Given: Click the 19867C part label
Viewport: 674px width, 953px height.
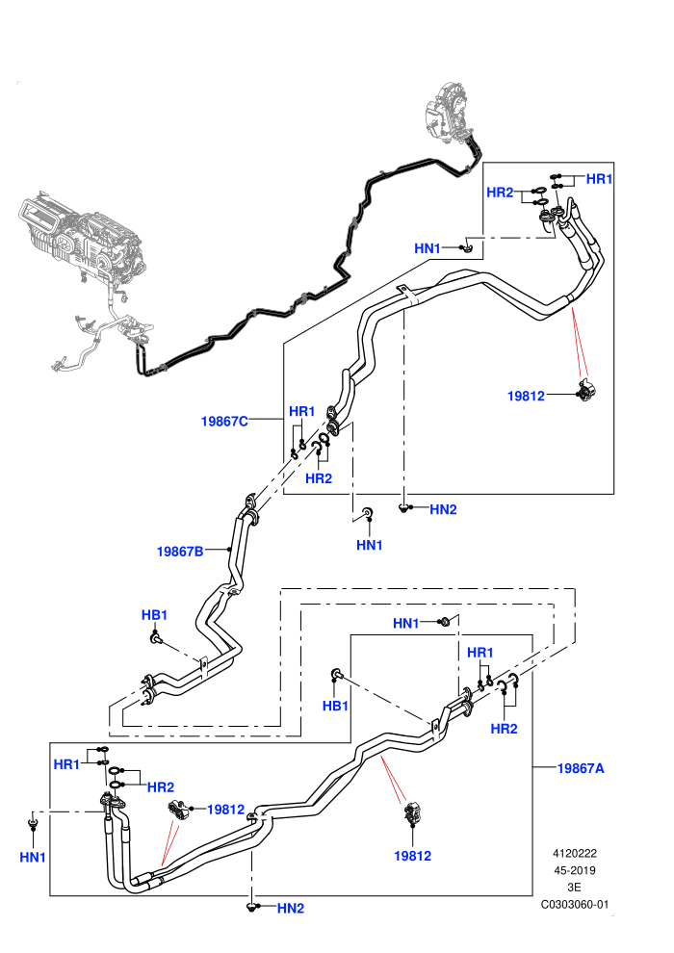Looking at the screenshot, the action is (224, 422).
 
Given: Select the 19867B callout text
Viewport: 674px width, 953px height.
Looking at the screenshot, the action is (180, 552).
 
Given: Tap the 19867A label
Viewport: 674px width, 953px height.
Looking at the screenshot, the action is (581, 768).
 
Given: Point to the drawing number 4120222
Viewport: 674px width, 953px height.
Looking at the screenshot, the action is (574, 853).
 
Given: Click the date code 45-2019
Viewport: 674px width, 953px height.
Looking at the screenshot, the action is (574, 870).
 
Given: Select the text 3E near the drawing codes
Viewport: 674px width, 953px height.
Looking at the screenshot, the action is (574, 888).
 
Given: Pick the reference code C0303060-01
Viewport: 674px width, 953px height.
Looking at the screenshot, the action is (574, 904).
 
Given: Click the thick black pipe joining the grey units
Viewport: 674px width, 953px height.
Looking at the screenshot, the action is (304, 268).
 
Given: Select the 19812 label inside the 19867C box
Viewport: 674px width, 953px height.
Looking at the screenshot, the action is (526, 397).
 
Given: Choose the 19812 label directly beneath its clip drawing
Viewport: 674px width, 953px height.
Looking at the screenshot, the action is (413, 856).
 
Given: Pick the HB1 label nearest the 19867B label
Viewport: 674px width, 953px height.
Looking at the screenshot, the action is (154, 615).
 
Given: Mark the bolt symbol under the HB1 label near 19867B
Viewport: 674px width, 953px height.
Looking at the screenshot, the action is (156, 638).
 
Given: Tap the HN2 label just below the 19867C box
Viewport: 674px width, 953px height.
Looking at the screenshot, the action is (443, 509).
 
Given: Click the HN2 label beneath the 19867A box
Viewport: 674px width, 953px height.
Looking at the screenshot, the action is (291, 908).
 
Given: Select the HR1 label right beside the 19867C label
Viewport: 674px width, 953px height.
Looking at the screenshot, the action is (302, 411).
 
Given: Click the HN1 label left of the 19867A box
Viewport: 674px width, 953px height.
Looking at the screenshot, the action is (33, 857).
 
